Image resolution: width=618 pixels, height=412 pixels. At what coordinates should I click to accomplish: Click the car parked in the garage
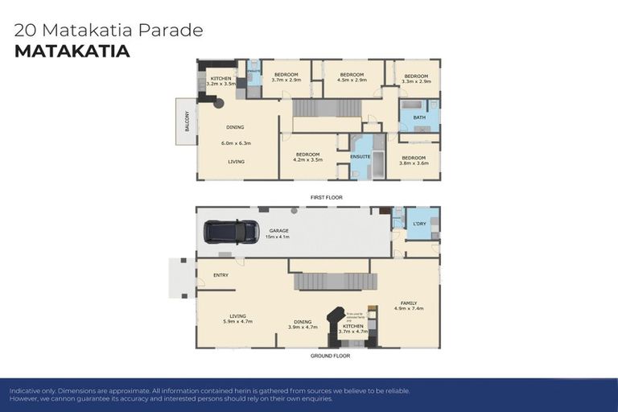pyautogui.click(x=231, y=232)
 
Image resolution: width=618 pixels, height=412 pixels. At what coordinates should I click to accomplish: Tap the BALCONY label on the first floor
pyautogui.click(x=187, y=122)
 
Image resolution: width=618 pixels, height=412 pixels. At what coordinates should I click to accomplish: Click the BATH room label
pyautogui.click(x=419, y=117)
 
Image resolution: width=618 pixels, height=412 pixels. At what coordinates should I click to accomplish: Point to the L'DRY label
pyautogui.click(x=418, y=223)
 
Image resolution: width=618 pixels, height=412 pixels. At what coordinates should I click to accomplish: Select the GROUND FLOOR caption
pyautogui.click(x=330, y=355)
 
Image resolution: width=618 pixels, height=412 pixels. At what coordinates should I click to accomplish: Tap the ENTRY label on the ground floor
pyautogui.click(x=220, y=275)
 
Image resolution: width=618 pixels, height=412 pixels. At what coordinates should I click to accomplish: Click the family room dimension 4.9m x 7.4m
pyautogui.click(x=409, y=309)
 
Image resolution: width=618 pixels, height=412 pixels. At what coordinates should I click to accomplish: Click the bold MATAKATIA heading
pyautogui.click(x=72, y=51)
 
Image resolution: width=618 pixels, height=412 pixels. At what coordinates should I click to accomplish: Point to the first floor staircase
pyautogui.click(x=328, y=108)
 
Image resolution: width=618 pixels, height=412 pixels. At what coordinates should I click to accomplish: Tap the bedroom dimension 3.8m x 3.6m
pyautogui.click(x=414, y=163)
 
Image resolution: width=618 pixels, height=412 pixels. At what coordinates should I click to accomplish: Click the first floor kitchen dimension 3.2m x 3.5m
pyautogui.click(x=220, y=83)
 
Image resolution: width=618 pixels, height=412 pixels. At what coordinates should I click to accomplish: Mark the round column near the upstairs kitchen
pyautogui.click(x=218, y=104)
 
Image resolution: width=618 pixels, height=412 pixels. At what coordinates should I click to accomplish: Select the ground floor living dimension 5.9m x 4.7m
pyautogui.click(x=237, y=321)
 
